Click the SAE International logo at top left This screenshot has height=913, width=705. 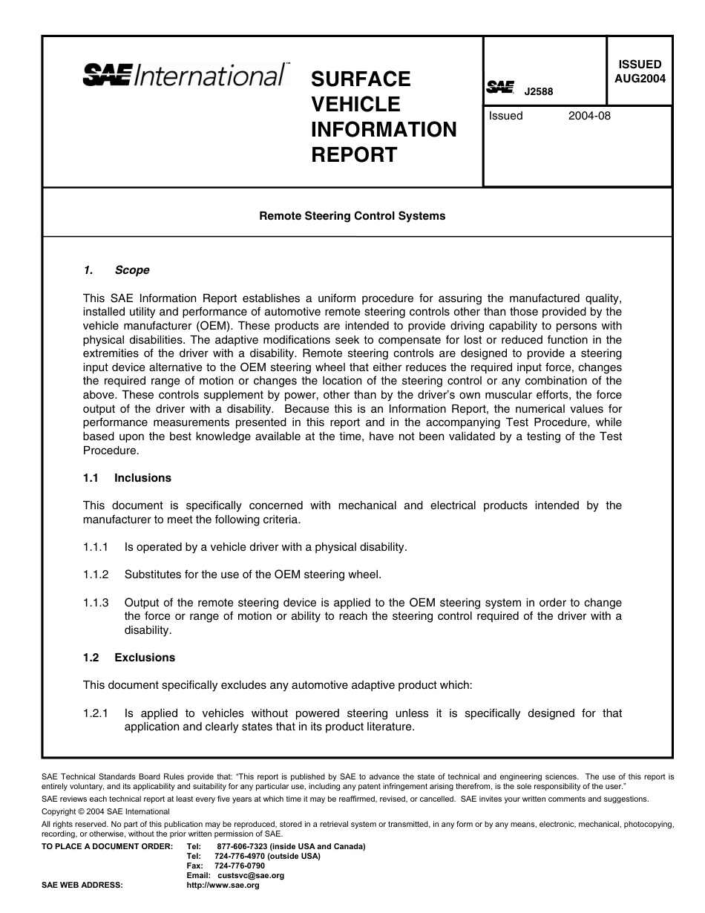pyautogui.click(x=186, y=75)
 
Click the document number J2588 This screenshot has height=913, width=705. pyautogui.click(x=539, y=93)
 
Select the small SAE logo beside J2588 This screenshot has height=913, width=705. pyautogui.click(x=500, y=88)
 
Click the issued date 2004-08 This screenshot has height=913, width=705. pyautogui.click(x=589, y=116)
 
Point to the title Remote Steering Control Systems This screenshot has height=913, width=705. pyautogui.click(x=352, y=216)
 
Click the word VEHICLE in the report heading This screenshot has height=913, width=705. pyautogui.click(x=355, y=104)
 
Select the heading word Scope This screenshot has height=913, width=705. pyautogui.click(x=132, y=270)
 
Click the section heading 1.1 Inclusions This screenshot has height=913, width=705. pyautogui.click(x=127, y=478)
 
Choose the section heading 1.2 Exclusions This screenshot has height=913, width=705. pyautogui.click(x=129, y=658)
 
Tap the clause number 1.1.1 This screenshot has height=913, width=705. pyautogui.click(x=96, y=547)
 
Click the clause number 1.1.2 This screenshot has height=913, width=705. pyautogui.click(x=96, y=575)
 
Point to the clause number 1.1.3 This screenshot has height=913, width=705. pyautogui.click(x=96, y=603)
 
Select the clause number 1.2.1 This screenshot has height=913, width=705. pyautogui.click(x=96, y=713)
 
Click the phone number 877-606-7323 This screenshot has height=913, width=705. pyautogui.click(x=243, y=847)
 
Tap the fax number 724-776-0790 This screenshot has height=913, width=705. pyautogui.click(x=240, y=866)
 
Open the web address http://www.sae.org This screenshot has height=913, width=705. pyautogui.click(x=223, y=886)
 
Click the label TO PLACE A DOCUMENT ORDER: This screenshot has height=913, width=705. pyautogui.click(x=108, y=847)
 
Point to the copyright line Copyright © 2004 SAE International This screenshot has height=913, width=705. pyautogui.click(x=105, y=812)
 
